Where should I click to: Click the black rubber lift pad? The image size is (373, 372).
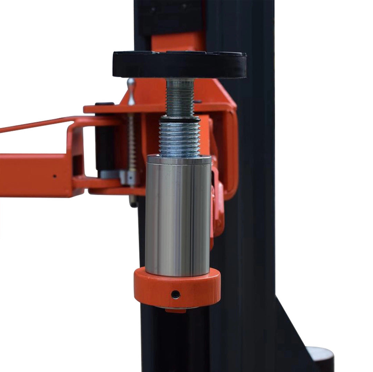pos(179,65)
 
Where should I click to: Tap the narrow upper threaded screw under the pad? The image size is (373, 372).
pos(180,98)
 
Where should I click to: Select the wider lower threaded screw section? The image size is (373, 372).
pos(179,138)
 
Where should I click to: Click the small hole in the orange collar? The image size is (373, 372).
pos(176,294)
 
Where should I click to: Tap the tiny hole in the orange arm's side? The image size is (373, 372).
pos(54,176)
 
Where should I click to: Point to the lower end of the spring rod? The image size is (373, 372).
pos(133,201)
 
